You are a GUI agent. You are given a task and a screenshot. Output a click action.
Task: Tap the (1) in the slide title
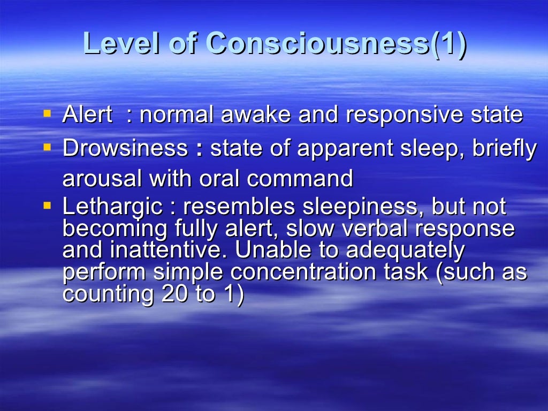pyautogui.click(x=448, y=43)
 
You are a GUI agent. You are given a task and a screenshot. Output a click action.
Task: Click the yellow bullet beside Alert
pyautogui.click(x=48, y=113)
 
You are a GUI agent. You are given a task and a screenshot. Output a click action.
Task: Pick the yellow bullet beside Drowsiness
pyautogui.click(x=48, y=146)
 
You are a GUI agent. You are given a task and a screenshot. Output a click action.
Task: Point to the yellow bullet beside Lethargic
pyautogui.click(x=48, y=205)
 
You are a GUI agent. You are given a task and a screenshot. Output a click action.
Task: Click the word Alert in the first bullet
pyautogui.click(x=87, y=115)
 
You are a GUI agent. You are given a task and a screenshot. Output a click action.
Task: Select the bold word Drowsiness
pyautogui.click(x=125, y=148)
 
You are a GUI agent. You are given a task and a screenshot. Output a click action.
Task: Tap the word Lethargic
pyautogui.click(x=112, y=207)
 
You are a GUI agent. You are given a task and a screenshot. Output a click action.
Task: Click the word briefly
pyautogui.click(x=504, y=148)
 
